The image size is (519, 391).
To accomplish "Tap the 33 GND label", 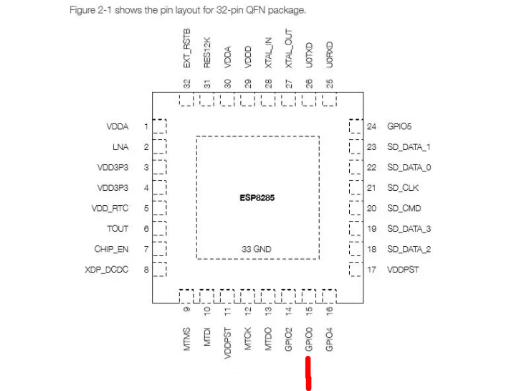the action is click(x=257, y=249).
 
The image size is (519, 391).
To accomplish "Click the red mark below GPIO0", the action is click(x=308, y=374).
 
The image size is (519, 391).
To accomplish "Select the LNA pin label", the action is click(x=120, y=147).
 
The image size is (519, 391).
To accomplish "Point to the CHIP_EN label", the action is click(x=111, y=249).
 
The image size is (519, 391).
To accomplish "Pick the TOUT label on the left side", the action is click(x=118, y=229).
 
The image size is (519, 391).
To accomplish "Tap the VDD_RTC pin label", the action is click(x=112, y=209).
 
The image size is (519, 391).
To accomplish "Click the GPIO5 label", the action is click(x=399, y=126).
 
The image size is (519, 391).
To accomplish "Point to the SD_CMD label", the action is click(x=403, y=209).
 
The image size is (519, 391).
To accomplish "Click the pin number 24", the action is click(x=371, y=126).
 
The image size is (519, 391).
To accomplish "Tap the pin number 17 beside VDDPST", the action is click(x=371, y=270).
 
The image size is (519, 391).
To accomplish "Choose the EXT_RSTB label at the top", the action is click(x=187, y=49).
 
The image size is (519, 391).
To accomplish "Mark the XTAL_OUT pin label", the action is click(x=289, y=50).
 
